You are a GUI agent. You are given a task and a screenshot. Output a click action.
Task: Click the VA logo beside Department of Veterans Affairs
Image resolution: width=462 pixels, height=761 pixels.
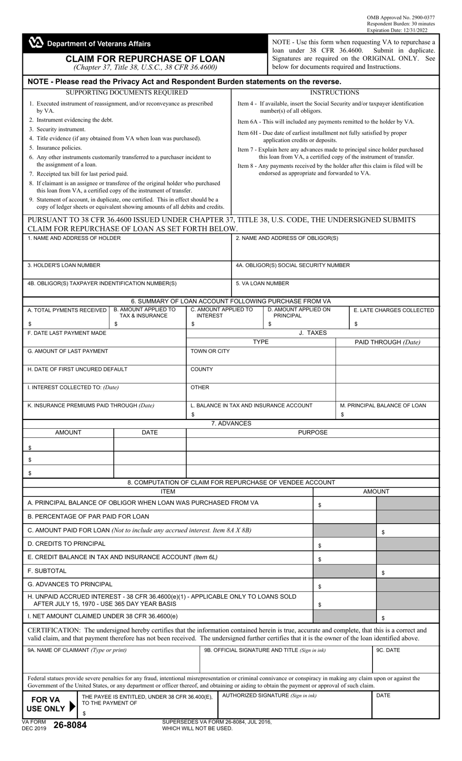[36, 43]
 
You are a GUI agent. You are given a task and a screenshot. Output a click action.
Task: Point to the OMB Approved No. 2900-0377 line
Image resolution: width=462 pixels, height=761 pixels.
[401, 18]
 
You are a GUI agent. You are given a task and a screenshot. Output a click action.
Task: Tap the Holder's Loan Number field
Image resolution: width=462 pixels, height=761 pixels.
[127, 270]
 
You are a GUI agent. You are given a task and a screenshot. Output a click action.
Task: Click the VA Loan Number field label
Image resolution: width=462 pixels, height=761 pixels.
[262, 283]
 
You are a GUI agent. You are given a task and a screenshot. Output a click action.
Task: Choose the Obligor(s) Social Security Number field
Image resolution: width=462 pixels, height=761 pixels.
[335, 270]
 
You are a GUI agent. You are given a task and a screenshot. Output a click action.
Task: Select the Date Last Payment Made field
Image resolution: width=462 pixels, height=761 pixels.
[105, 337]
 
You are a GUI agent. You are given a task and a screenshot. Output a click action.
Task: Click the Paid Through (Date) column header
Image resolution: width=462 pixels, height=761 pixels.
[387, 342]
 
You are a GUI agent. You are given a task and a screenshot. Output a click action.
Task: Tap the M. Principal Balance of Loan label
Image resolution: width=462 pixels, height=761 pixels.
[383, 405]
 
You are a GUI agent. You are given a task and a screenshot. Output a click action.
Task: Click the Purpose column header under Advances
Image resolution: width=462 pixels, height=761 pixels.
[313, 432]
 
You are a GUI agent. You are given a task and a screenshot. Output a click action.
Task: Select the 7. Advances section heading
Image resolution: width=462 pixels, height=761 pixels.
[231, 423]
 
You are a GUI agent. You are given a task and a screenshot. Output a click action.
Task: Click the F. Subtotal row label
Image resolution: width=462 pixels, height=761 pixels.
[47, 571]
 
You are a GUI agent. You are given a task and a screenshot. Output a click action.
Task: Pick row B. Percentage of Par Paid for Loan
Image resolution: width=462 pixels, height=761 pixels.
[89, 516]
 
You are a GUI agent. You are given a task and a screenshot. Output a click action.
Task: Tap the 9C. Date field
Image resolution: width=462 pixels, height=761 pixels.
[406, 659]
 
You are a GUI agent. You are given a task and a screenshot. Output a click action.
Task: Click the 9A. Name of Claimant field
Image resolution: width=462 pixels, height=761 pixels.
[111, 659]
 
